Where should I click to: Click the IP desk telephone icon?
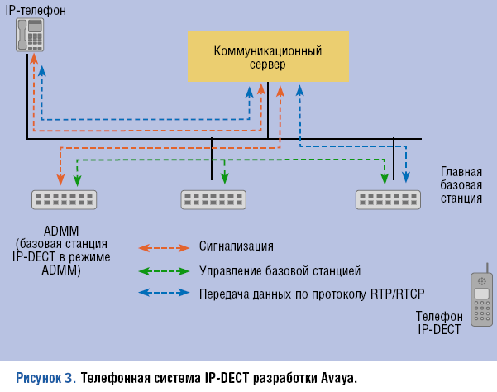click(x=31, y=36)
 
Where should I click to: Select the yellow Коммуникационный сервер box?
click(x=267, y=57)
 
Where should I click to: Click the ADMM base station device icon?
click(x=63, y=199)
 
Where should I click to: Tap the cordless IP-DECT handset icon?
click(x=482, y=299)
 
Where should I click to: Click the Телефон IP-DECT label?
click(x=439, y=323)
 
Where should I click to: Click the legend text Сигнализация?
click(x=236, y=247)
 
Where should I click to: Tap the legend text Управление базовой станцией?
click(x=280, y=270)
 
